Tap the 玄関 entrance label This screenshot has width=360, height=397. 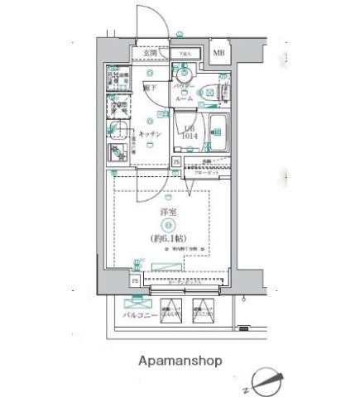point(150,54)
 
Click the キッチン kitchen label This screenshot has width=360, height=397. point(149,134)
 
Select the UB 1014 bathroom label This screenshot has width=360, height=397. point(190,131)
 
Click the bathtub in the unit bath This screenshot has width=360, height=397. point(223,130)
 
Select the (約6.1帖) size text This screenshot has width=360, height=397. point(170,239)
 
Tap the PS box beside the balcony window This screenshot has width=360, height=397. point(135,281)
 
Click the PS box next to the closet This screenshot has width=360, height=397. point(177,163)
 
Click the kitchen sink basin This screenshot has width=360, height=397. point(118,131)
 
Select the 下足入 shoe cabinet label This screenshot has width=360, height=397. point(186,55)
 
